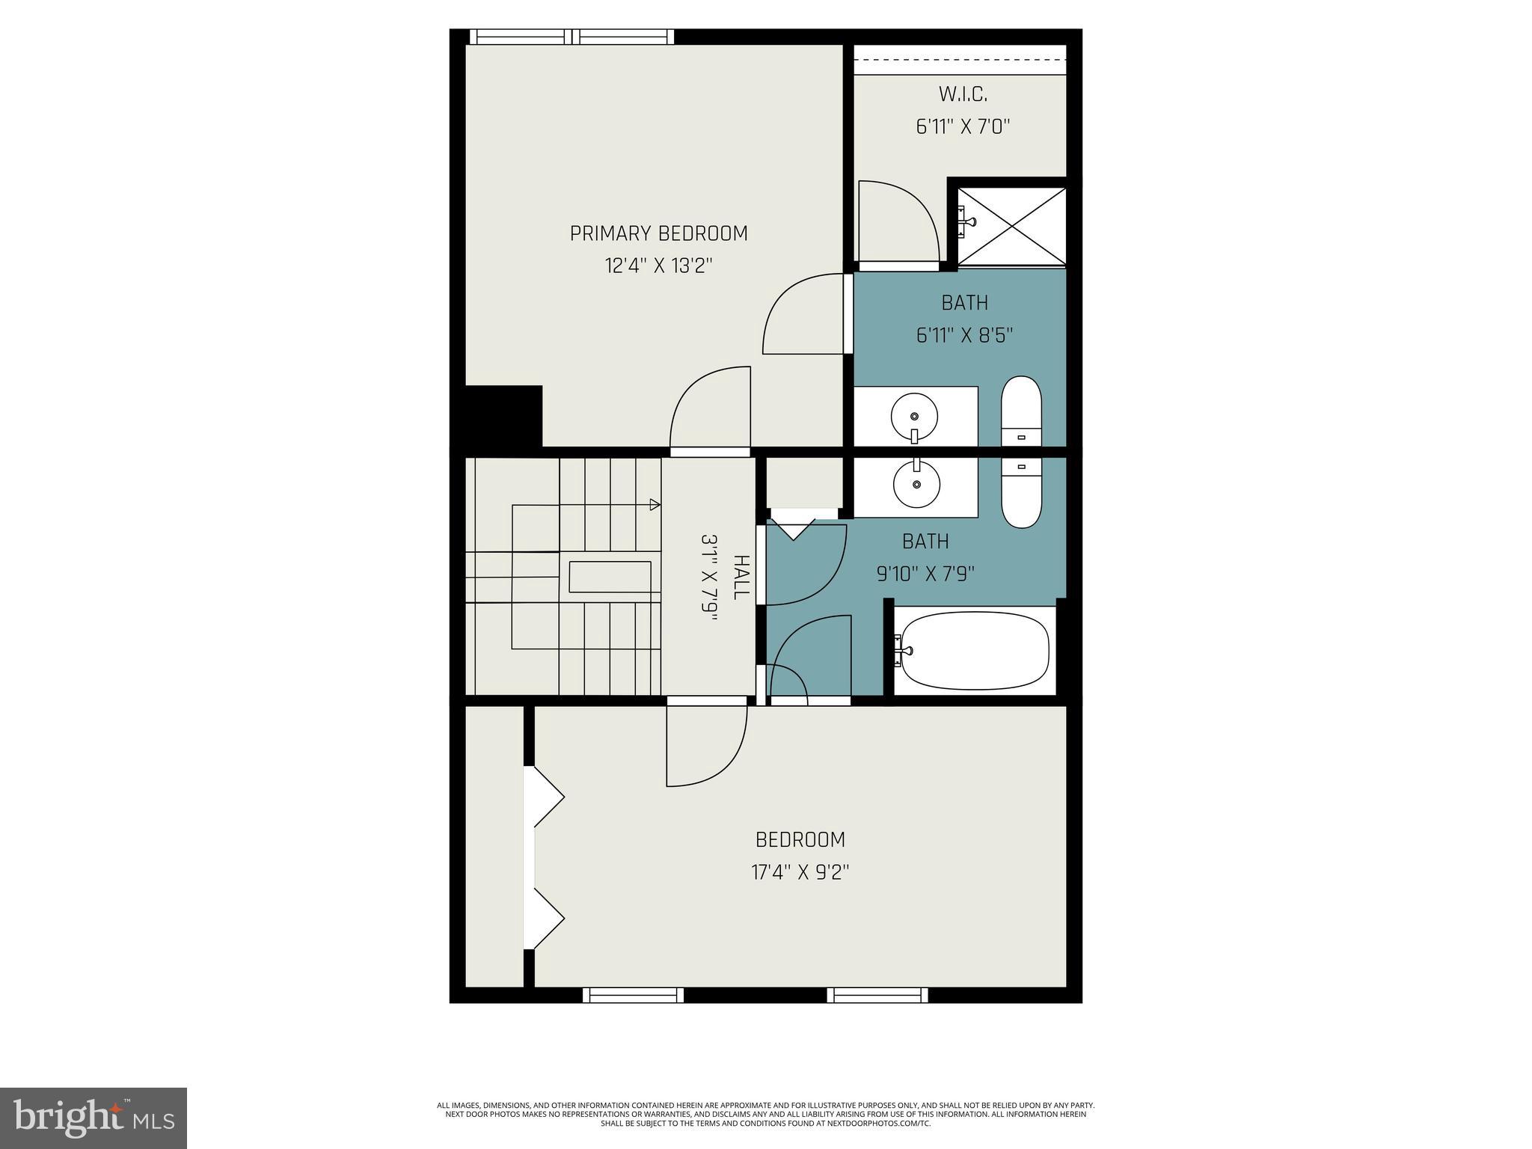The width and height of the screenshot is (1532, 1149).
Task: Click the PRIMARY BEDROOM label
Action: [658, 233]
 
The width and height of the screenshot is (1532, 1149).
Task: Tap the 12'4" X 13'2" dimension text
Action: [658, 266]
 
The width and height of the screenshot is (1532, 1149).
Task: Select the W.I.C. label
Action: [963, 94]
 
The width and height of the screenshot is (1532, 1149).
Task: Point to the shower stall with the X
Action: [1012, 225]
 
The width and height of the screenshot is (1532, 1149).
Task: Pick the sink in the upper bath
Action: [914, 416]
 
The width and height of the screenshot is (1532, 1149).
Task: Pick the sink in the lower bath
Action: [916, 484]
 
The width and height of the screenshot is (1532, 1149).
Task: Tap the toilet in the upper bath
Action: [1021, 411]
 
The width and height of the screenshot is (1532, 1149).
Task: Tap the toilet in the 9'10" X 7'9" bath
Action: [1021, 492]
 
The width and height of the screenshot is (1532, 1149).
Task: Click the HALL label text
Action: [740, 577]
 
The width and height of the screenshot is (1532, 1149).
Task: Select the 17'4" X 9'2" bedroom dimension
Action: [800, 872]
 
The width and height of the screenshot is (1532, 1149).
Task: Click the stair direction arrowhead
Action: [655, 504]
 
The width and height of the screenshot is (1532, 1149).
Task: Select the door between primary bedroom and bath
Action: [804, 314]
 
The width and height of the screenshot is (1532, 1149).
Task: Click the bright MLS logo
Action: [93, 1118]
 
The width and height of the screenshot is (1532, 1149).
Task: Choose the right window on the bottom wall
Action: [877, 995]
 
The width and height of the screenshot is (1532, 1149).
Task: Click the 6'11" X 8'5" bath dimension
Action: [964, 335]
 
